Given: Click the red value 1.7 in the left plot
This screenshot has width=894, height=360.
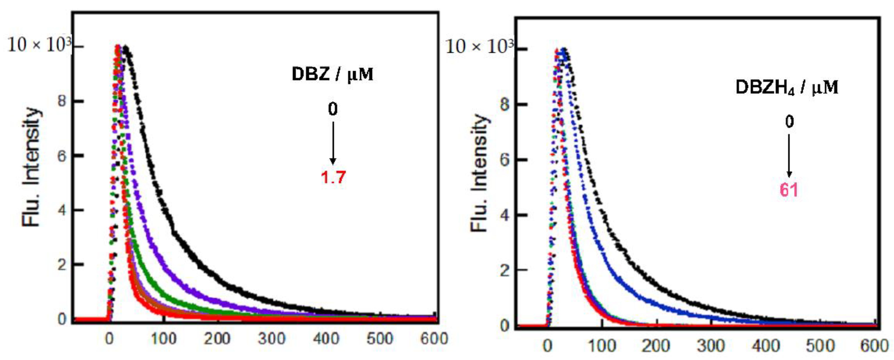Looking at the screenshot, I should pyautogui.click(x=333, y=177).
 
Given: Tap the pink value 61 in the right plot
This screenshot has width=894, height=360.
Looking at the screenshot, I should pyautogui.click(x=789, y=190).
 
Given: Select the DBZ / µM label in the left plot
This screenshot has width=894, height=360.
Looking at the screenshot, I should pyautogui.click(x=332, y=74).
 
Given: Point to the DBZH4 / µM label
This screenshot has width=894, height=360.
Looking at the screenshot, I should pyautogui.click(x=787, y=87).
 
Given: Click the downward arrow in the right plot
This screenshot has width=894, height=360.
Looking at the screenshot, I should pyautogui.click(x=789, y=156).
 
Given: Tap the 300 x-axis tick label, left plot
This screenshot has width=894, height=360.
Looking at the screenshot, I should pyautogui.click(x=272, y=338).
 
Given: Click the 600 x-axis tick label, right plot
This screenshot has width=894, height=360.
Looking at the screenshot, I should pyautogui.click(x=874, y=346).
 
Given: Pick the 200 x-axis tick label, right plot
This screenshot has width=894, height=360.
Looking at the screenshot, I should pyautogui.click(x=656, y=346).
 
